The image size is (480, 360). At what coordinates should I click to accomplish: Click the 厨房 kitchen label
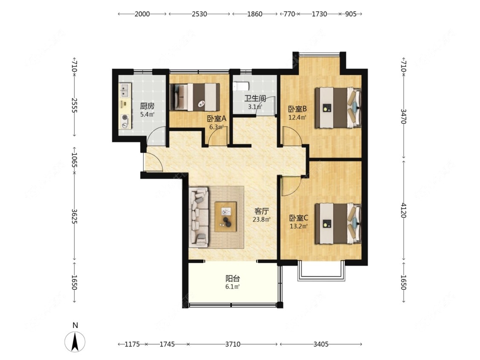click(x=147, y=106)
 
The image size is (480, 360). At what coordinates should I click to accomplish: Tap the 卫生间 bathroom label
click(x=255, y=99)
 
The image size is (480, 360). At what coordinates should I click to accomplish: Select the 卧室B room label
click(x=297, y=109)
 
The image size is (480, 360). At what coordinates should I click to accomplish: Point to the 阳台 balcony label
click(x=233, y=279)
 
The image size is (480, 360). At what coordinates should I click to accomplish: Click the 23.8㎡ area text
click(x=262, y=220)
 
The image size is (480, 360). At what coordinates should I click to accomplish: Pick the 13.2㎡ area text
click(x=299, y=226)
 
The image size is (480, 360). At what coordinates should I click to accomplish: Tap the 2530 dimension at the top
click(x=199, y=14)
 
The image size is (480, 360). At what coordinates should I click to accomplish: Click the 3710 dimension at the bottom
click(x=233, y=344)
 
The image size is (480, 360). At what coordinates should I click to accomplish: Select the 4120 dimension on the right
click(x=404, y=210)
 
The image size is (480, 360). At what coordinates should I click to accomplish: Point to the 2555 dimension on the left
click(x=74, y=105)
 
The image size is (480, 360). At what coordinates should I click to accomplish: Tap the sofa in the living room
click(x=199, y=218)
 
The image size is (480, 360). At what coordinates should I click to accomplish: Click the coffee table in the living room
click(x=226, y=217)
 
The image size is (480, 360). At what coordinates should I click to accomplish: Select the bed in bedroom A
click(x=195, y=97)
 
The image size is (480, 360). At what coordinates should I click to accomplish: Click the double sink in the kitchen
click(x=125, y=90)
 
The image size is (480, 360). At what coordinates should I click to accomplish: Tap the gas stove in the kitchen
click(x=125, y=121)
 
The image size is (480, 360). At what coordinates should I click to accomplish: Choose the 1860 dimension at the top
click(x=255, y=14)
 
